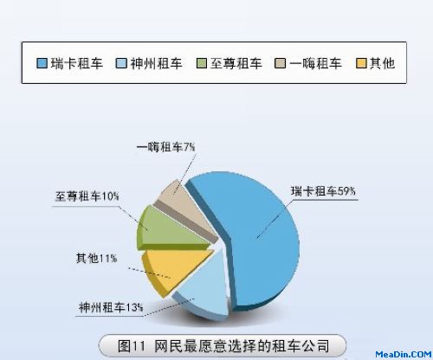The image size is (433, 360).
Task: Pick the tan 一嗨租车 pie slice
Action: (184, 206)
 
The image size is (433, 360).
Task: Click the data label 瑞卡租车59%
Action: (323, 191)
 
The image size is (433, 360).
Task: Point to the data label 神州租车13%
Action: (111, 307)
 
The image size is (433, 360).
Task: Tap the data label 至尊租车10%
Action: (87, 196)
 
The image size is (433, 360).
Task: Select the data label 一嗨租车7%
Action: (165, 147)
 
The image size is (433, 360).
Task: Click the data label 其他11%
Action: (96, 258)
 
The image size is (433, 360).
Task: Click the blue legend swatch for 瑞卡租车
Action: (42, 63)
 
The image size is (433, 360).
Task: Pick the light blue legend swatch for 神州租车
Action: (121, 63)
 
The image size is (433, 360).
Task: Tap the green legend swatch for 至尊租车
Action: (202, 63)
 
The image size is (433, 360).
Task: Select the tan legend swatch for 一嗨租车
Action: (280, 63)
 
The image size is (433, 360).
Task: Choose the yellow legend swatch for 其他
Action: (361, 63)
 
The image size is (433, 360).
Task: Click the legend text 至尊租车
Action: (236, 63)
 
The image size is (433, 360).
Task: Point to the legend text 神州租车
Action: (156, 63)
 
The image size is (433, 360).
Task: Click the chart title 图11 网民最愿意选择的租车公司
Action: (223, 345)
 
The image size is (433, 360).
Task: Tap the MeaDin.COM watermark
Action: (403, 355)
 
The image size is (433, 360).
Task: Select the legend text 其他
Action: (382, 63)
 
